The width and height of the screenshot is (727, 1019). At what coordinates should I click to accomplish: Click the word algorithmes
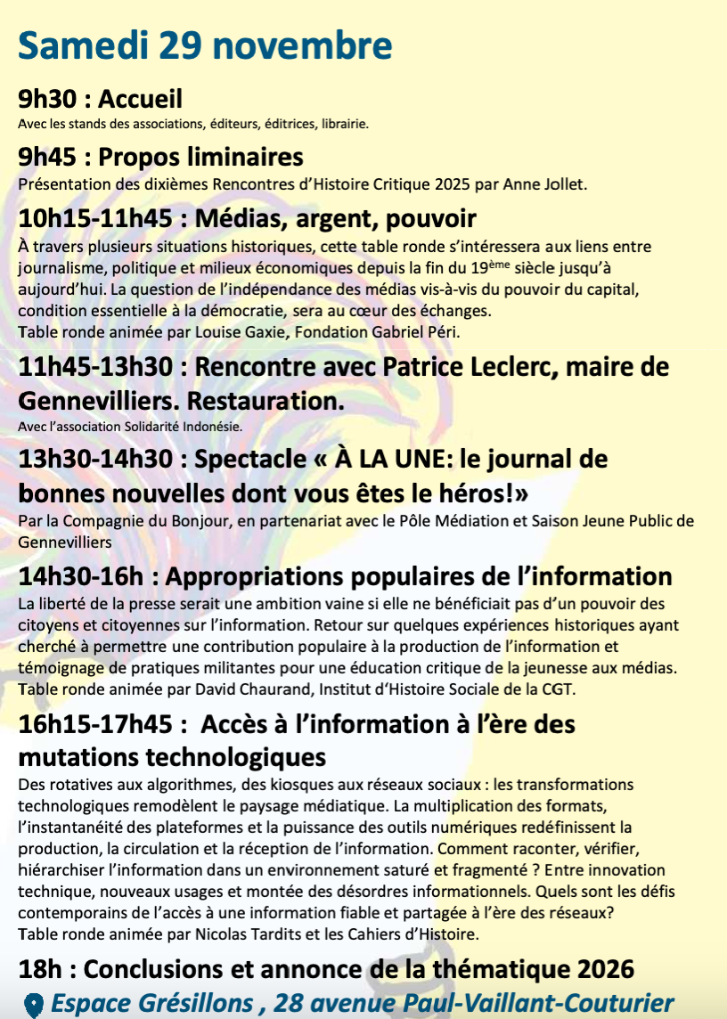click(x=184, y=785)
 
